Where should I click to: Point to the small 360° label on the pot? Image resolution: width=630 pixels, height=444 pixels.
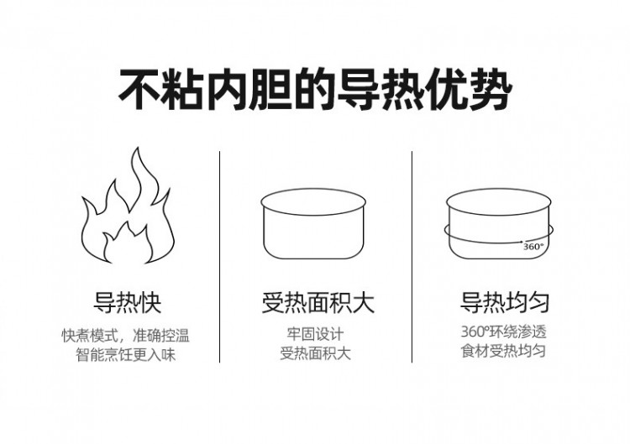[533, 247]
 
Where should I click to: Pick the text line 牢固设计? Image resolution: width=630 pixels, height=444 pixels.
[315, 336]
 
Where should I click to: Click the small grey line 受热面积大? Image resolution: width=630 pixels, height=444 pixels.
[315, 354]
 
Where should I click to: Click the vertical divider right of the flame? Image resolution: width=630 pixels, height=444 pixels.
[220, 256]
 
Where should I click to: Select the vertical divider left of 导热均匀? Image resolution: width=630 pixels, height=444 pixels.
[412, 256]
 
